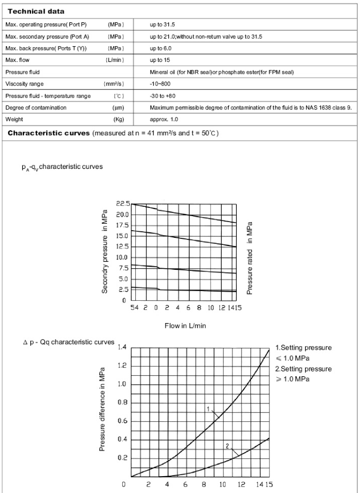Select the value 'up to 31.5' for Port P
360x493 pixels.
click(163, 24)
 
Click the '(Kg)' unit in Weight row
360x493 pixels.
click(119, 119)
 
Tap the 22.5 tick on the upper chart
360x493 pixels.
click(123, 204)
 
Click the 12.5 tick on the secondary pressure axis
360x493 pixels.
click(123, 246)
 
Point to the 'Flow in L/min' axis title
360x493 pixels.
click(185, 326)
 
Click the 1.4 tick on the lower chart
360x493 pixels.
click(122, 347)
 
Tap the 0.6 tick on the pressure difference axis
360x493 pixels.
click(122, 421)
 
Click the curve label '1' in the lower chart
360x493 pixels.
click(208, 408)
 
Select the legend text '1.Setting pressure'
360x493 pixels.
click(305, 347)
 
